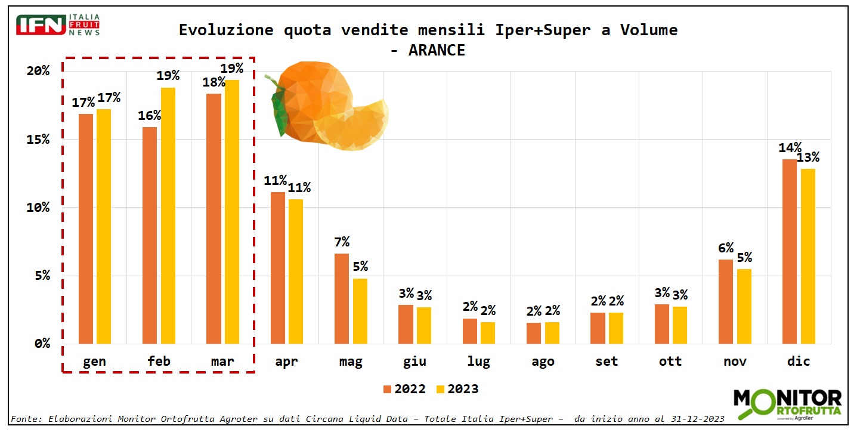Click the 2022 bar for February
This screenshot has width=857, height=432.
tap(150, 235)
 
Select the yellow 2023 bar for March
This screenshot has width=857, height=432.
tap(232, 212)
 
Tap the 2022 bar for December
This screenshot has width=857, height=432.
tap(790, 251)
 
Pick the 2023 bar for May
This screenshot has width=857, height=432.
tap(360, 311)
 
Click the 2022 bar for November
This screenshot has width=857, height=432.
tap(726, 301)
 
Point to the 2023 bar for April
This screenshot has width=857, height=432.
tap(296, 271)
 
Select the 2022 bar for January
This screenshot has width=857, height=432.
tap(86, 229)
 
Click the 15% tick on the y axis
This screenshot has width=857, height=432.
tap(38, 139)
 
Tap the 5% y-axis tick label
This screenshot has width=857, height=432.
tap(42, 276)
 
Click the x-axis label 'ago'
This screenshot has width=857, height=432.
tap(543, 362)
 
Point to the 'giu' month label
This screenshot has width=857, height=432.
tap(414, 362)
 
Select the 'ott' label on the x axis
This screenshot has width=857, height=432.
tap(671, 362)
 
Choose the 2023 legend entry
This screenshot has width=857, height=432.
tap(457, 389)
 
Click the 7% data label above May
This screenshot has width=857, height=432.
tap(342, 242)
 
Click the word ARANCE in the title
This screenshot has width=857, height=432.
tap(437, 50)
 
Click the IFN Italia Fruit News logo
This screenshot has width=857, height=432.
tap(58, 25)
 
